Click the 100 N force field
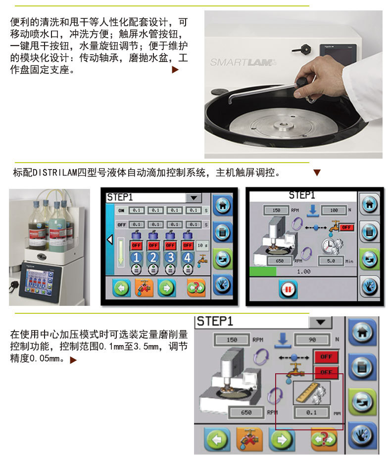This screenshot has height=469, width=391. pos(333,210)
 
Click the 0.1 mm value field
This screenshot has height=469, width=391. pos(311,412)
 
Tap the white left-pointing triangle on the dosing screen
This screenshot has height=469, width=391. pos(110,240)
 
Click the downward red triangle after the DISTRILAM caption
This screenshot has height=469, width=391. pos(317,173)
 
